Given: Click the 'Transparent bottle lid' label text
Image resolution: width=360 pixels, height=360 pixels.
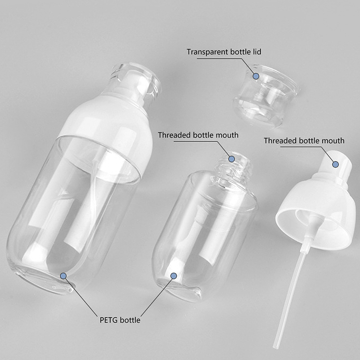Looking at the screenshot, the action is [224, 52].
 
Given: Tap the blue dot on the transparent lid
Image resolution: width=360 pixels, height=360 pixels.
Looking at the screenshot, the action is [256, 76].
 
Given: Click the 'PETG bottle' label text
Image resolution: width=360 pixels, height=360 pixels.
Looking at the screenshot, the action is [120, 320].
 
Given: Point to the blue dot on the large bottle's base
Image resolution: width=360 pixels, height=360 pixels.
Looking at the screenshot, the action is [63, 276].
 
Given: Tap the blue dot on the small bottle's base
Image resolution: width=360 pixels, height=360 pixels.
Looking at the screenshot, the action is [174, 276].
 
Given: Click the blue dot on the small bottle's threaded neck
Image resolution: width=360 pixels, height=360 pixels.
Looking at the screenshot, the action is [231, 159].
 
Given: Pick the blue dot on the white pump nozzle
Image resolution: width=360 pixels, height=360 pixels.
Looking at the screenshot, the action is [335, 164].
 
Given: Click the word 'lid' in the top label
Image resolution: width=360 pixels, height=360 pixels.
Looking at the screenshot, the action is [257, 52].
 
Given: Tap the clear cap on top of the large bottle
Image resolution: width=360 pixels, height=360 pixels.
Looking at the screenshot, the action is [135, 81].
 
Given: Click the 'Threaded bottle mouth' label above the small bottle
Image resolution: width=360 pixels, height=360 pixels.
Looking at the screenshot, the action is [198, 135].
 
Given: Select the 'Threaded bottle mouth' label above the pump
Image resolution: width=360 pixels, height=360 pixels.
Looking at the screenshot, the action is [304, 140].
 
